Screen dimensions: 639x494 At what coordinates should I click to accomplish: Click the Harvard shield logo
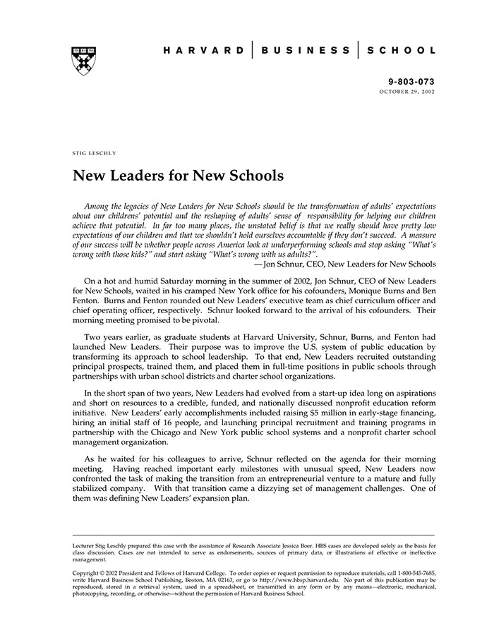(x=83, y=61)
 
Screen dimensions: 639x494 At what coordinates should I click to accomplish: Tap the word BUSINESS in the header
(x=305, y=51)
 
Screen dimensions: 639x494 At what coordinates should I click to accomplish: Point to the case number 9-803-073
(x=411, y=82)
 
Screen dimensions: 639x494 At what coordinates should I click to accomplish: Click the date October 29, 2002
(x=407, y=92)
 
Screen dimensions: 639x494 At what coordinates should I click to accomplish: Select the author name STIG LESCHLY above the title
(x=94, y=152)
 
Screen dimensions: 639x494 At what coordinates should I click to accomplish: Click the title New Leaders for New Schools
(x=178, y=174)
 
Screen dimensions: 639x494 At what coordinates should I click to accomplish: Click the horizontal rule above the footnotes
(x=254, y=535)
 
